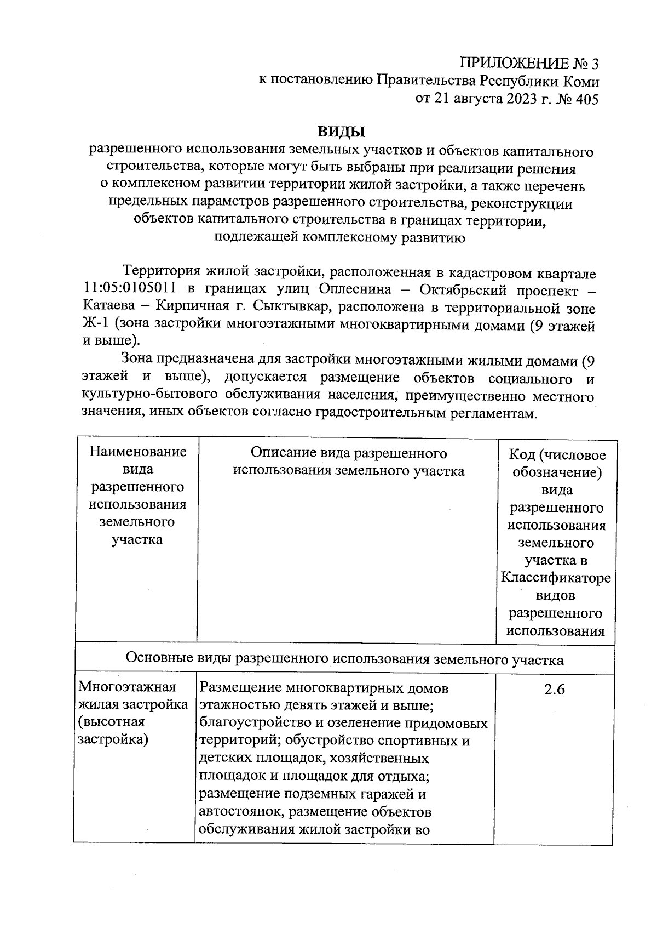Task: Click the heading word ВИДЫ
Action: pos(341,132)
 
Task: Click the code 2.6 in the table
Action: pos(554,690)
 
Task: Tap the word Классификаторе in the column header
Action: pos(556,578)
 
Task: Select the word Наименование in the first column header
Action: pos(138,452)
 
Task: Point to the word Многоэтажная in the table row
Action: pos(127,687)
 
